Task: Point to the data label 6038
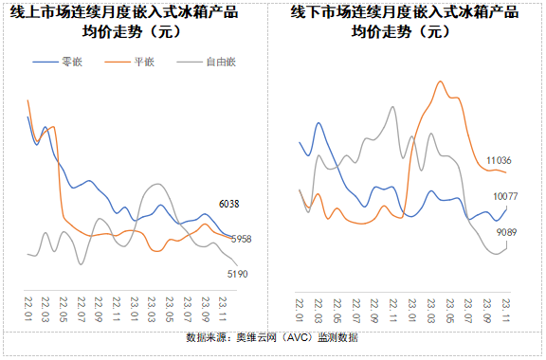pyautogui.click(x=228, y=204)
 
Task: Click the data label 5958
pyautogui.click(x=241, y=239)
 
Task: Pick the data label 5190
pyautogui.click(x=238, y=274)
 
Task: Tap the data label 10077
pyautogui.click(x=505, y=196)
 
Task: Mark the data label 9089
pyautogui.click(x=506, y=232)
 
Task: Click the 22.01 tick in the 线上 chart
pyautogui.click(x=29, y=308)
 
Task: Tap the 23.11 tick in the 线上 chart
pyautogui.click(x=224, y=308)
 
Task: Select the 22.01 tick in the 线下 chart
pyautogui.click(x=300, y=308)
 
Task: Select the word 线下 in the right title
pyautogui.click(x=304, y=13)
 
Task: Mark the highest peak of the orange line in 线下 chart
pyautogui.click(x=441, y=81)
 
